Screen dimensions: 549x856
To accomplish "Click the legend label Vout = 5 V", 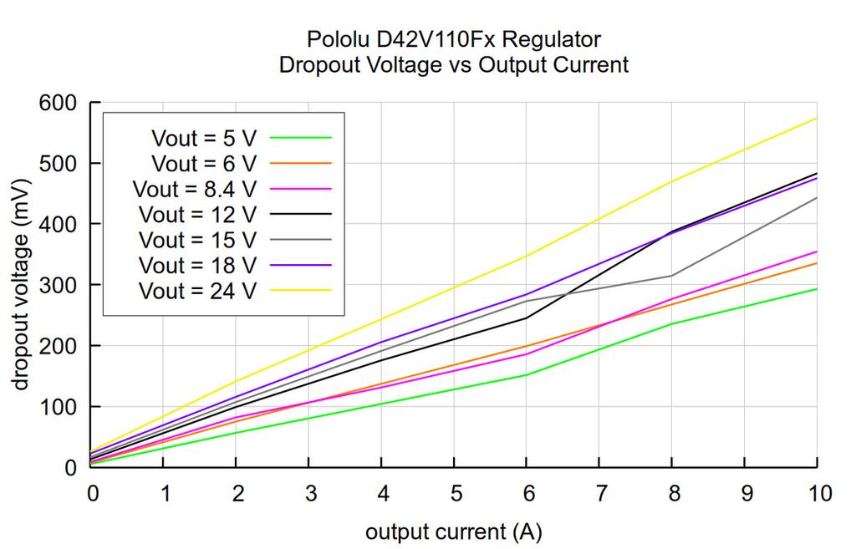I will (x=203, y=138).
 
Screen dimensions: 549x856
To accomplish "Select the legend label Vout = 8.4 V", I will (x=194, y=189).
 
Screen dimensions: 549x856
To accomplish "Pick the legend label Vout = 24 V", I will (x=198, y=291).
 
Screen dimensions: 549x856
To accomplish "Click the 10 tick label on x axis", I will (x=817, y=494).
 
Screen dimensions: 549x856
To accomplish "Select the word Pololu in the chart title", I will (x=335, y=39).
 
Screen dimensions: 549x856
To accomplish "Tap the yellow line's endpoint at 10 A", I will (x=817, y=118).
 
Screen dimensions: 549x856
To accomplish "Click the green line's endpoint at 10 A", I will (x=817, y=289).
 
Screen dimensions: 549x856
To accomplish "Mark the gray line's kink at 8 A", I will (x=671, y=276).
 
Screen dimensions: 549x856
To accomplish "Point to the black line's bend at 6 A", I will (x=527, y=318).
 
